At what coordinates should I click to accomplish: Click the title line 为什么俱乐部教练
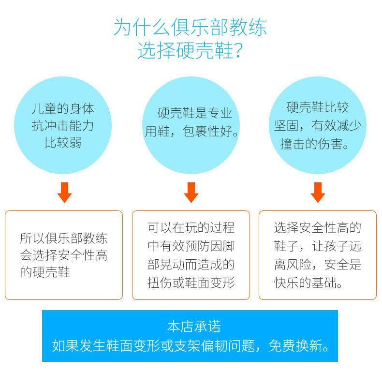pos(190,27)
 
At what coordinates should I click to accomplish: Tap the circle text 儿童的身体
pos(63,109)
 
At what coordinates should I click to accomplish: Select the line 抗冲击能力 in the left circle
pos(63,126)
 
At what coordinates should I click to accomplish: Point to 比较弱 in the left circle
pos(63,143)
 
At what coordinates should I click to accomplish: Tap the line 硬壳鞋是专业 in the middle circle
pos(195,113)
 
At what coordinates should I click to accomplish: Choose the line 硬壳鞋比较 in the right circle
pos(318,107)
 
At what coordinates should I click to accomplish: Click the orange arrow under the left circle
pos(65,193)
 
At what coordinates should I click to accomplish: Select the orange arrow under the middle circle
pos(191,193)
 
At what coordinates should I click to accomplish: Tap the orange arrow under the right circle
pos(318,193)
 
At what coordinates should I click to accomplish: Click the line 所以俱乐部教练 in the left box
pos(63,238)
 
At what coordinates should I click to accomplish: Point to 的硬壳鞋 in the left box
pos(45,272)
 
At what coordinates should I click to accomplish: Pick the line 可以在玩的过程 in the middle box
pos(191,228)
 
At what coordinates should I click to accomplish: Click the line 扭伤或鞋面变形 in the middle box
pos(191,283)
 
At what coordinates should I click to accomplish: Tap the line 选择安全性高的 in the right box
pos(318,228)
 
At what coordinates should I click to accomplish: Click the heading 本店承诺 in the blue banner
pos(194,327)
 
